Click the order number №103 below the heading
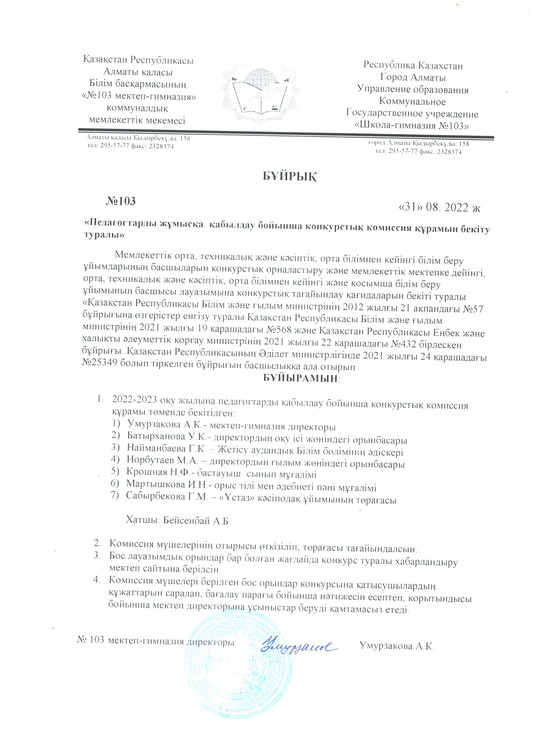pos(120,201)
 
